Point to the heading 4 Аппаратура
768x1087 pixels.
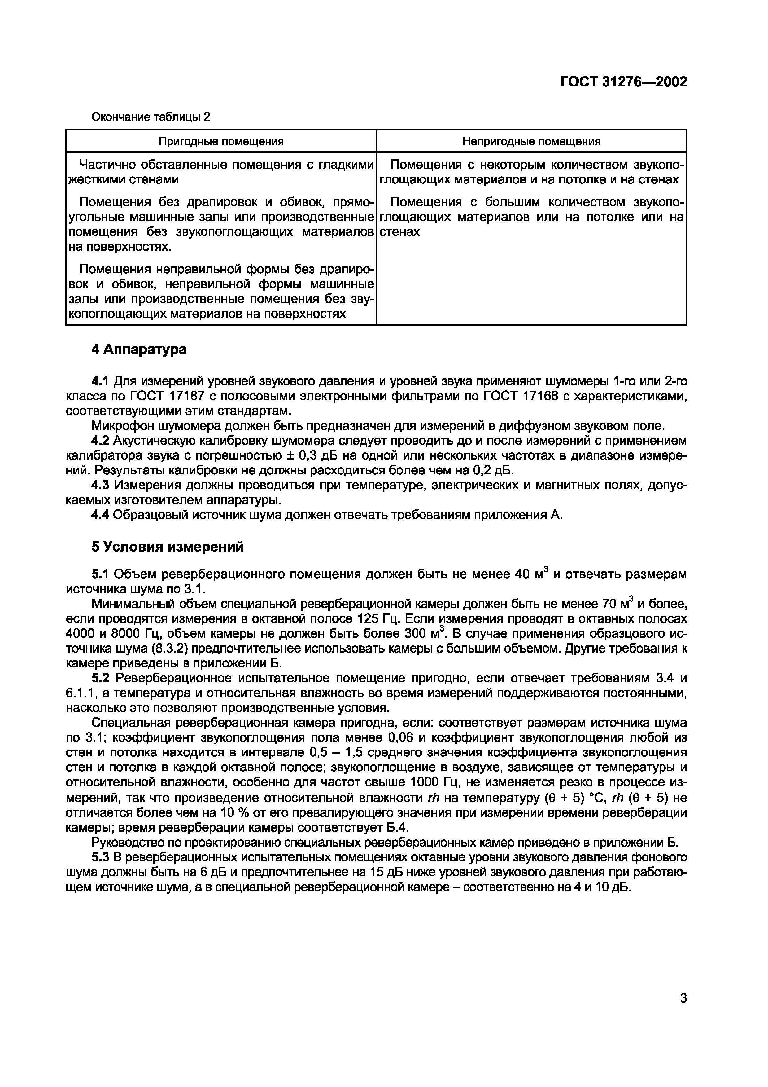(139, 350)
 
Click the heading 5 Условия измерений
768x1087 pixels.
(168, 547)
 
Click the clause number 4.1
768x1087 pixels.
(100, 381)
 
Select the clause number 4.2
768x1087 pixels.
(100, 441)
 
